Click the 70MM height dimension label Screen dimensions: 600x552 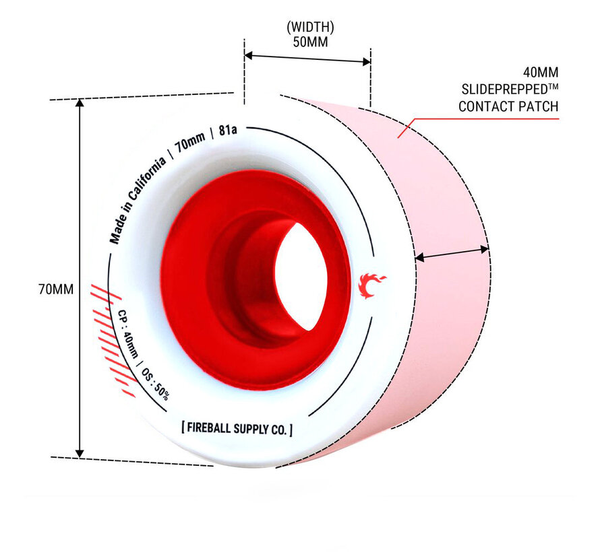(x=56, y=289)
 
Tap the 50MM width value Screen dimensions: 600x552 (x=310, y=42)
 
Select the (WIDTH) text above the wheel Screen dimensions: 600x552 (x=310, y=27)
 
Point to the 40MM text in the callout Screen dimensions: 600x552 (x=541, y=72)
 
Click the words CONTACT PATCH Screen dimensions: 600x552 (x=508, y=106)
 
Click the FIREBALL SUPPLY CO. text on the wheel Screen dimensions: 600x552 (x=237, y=429)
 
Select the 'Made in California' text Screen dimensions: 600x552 (x=137, y=200)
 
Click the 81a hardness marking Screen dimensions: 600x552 (x=228, y=131)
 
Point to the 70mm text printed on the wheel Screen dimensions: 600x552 (x=189, y=141)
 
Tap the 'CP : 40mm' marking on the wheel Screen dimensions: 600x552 (x=127, y=333)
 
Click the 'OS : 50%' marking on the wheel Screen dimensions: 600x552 (x=155, y=384)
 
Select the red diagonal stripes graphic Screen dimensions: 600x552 (x=113, y=340)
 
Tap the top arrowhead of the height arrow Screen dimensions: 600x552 (x=80, y=103)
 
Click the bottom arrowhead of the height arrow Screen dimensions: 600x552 (x=80, y=453)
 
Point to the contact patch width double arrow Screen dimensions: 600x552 (x=452, y=254)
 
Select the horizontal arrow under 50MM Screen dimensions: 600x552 (x=307, y=59)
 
